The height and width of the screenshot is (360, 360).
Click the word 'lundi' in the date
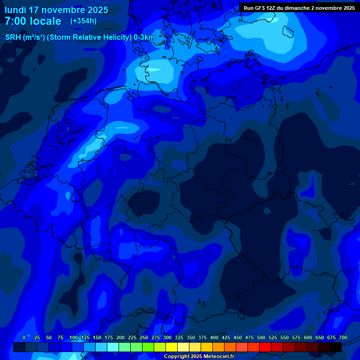(x=15, y=10)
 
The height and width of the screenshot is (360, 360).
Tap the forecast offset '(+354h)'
(x=83, y=21)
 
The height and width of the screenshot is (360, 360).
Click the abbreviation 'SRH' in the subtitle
(x=13, y=37)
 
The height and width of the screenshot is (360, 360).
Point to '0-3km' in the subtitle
(x=144, y=37)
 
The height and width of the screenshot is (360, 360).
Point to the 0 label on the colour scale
(x=24, y=338)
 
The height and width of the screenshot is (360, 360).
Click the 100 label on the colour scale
(x=74, y=338)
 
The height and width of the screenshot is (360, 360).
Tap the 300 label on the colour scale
(x=167, y=338)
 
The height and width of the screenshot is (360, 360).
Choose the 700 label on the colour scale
(x=343, y=338)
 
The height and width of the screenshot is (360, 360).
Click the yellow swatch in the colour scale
(x=172, y=347)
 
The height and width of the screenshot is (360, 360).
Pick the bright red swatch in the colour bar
(x=265, y=347)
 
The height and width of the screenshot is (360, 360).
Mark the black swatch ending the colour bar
(x=336, y=347)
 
